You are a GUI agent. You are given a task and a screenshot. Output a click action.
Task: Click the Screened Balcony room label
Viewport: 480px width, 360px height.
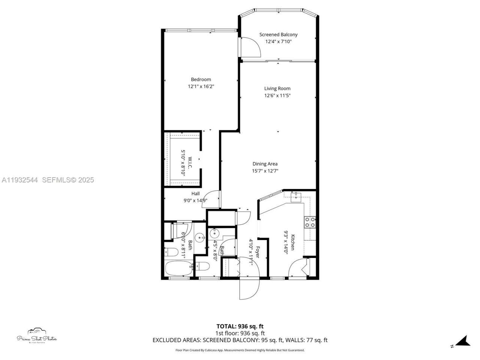(x=278, y=34)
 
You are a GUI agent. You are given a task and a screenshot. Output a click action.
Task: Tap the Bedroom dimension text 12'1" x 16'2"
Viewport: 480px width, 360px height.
(x=201, y=86)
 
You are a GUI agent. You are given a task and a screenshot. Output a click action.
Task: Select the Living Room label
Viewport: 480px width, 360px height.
(x=277, y=88)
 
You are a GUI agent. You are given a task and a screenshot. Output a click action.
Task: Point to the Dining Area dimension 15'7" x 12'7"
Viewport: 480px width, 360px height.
(x=265, y=171)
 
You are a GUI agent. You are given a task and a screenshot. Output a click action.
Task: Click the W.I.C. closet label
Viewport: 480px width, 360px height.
(x=190, y=163)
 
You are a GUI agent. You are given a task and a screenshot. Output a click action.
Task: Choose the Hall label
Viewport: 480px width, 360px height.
(x=195, y=193)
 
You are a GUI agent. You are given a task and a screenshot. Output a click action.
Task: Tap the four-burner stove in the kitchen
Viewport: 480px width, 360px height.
(x=310, y=222)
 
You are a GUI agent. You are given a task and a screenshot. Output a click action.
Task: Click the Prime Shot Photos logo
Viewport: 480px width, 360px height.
(x=37, y=336)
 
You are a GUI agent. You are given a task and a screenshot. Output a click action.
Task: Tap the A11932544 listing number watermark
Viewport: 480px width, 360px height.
(x=19, y=180)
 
